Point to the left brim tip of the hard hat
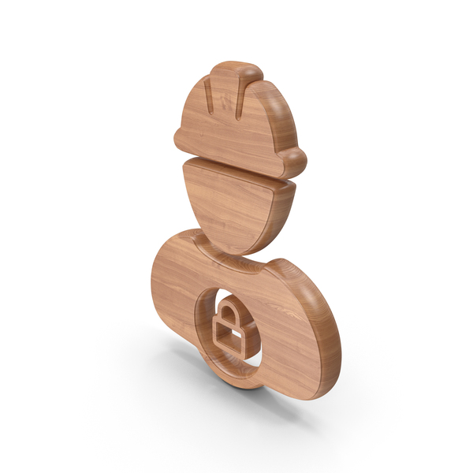pos(180,142)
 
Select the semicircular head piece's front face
pos(225,201)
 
